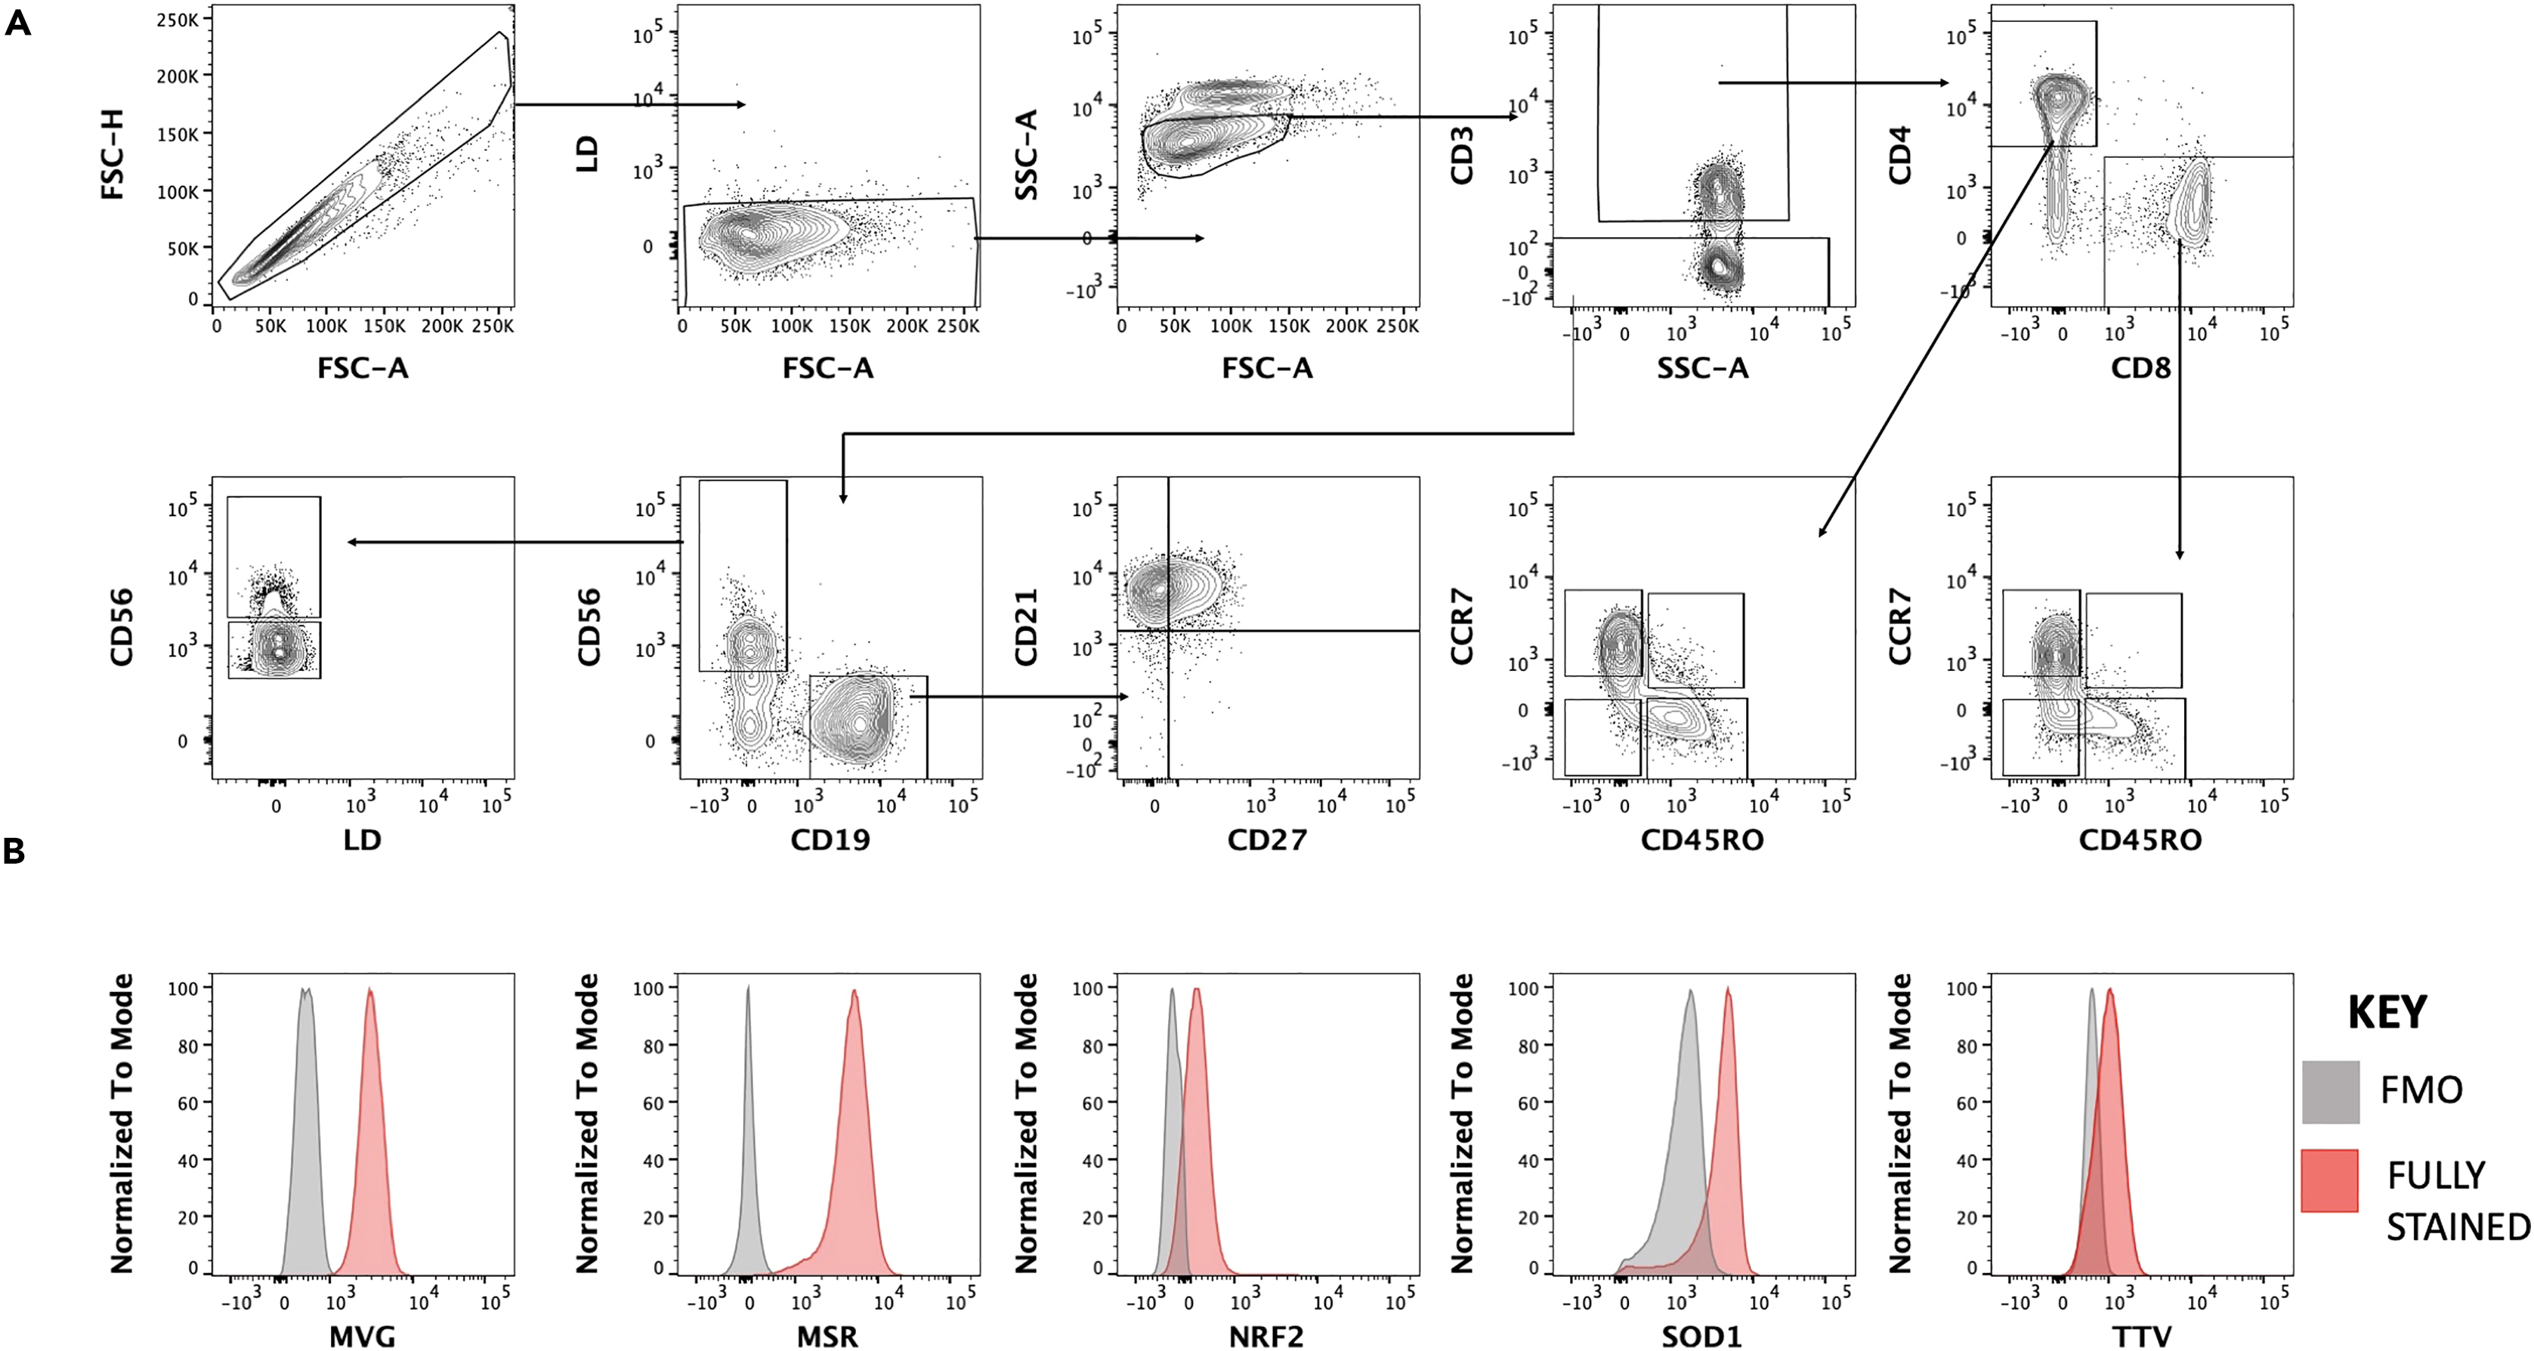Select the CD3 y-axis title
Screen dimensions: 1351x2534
(x=1462, y=156)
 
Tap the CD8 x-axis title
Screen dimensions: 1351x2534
(x=2140, y=368)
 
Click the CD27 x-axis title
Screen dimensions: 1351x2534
(x=1266, y=839)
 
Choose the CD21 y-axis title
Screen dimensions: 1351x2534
(x=1026, y=628)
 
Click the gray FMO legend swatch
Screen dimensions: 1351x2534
(x=2330, y=1093)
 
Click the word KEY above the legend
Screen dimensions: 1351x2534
(x=2387, y=1012)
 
